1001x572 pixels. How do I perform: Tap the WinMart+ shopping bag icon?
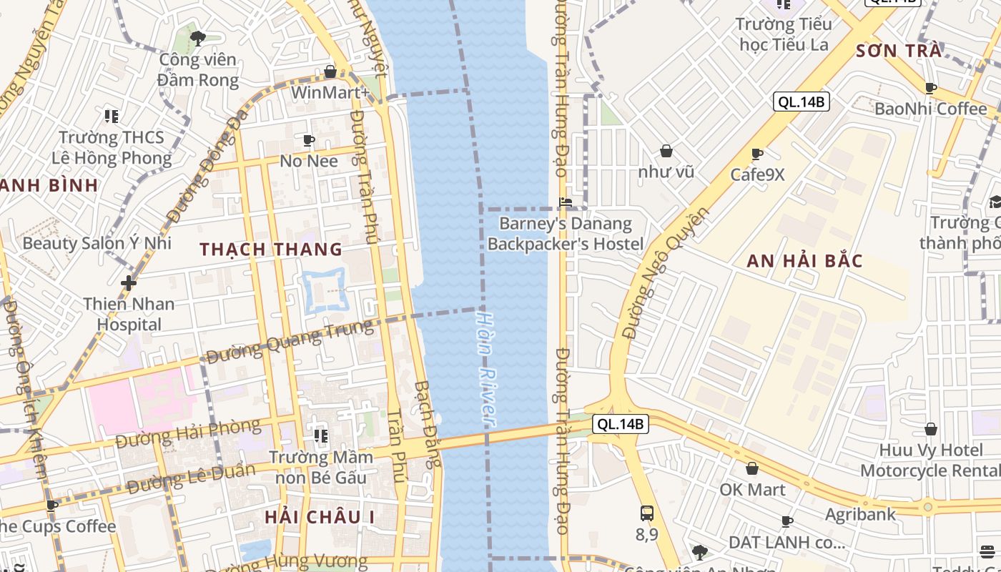click(330, 71)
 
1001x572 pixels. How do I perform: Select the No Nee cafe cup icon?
click(309, 139)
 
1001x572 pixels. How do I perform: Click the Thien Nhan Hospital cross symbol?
click(129, 283)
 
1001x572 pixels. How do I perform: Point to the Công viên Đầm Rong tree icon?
click(198, 38)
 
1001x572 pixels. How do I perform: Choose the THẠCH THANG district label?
click(271, 250)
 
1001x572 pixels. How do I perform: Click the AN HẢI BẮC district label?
click(804, 261)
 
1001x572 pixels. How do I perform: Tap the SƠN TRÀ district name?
click(899, 50)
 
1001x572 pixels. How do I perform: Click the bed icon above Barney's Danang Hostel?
click(566, 202)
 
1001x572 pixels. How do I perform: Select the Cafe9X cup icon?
click(757, 154)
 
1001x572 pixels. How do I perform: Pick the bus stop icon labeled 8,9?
click(646, 513)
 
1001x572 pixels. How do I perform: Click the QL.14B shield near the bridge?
click(620, 424)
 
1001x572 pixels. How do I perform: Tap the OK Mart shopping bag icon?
click(752, 468)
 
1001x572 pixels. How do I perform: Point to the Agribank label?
click(860, 515)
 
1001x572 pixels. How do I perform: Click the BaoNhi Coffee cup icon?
click(931, 88)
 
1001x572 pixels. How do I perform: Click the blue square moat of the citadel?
click(325, 290)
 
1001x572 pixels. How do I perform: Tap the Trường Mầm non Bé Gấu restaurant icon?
click(320, 435)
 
